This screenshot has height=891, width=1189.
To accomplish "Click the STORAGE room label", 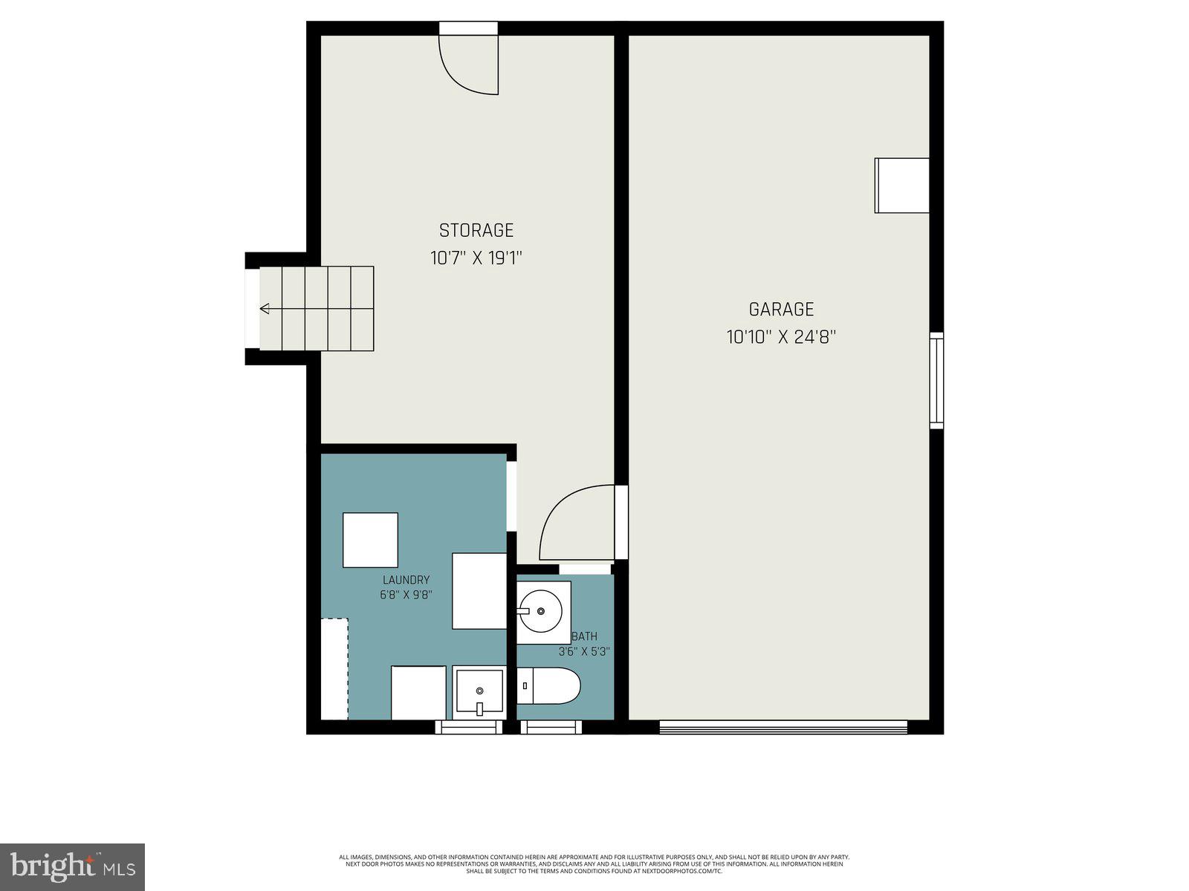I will click(476, 230).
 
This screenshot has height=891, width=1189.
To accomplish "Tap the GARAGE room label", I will click(781, 309).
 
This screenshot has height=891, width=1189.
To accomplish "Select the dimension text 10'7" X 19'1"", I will click(476, 258).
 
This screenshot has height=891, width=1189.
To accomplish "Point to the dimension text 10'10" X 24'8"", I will click(781, 337).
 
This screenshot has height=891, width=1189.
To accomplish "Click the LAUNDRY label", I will click(406, 580).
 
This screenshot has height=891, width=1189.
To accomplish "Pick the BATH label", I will click(586, 636).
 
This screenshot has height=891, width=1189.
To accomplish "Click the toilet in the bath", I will click(548, 685).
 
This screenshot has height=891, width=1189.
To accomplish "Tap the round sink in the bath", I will click(542, 610).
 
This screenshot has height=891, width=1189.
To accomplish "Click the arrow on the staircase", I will click(265, 309).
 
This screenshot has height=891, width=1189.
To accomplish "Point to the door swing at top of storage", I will click(469, 65).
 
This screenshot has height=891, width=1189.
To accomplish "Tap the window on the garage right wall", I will click(936, 380).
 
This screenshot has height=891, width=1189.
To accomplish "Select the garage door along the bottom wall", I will click(783, 727).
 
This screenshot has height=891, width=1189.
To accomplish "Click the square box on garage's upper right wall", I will click(901, 186).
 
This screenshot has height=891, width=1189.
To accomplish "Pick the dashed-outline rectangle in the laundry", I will click(334, 668).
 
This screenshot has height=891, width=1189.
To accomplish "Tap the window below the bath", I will click(551, 727).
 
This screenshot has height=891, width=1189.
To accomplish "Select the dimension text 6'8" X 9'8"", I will click(406, 595).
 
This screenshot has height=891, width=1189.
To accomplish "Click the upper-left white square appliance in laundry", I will click(370, 540).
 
